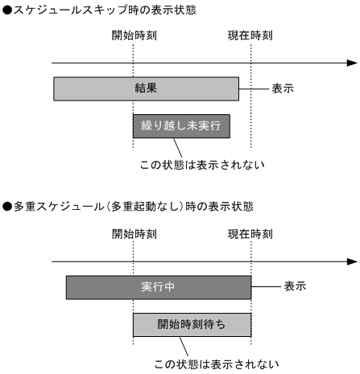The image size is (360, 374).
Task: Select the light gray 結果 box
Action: [146, 88]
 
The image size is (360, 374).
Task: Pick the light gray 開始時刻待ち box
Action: [192, 325]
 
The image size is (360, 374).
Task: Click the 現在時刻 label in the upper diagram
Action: [250, 37]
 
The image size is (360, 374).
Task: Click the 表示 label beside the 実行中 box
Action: [295, 286]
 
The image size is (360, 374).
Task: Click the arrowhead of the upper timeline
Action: [352, 63]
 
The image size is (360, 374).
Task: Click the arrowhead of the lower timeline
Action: [352, 261]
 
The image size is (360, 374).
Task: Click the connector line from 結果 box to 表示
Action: [253, 88]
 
